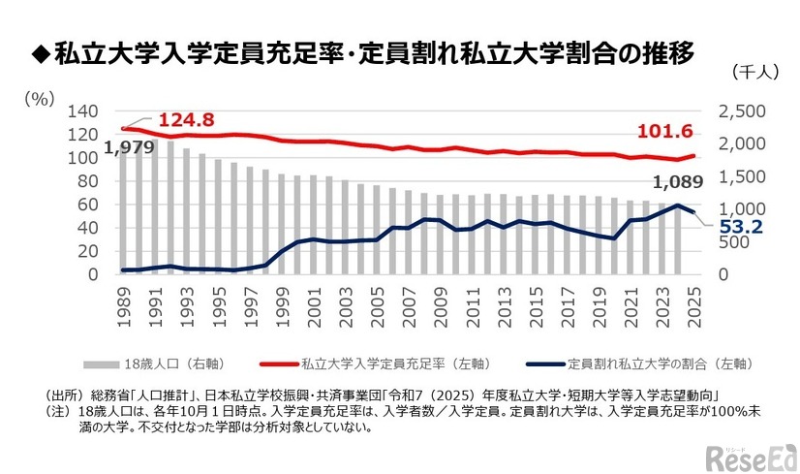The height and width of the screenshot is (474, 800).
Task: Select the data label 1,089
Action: (677, 182)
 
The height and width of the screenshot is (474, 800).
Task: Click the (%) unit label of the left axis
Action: (40, 97)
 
